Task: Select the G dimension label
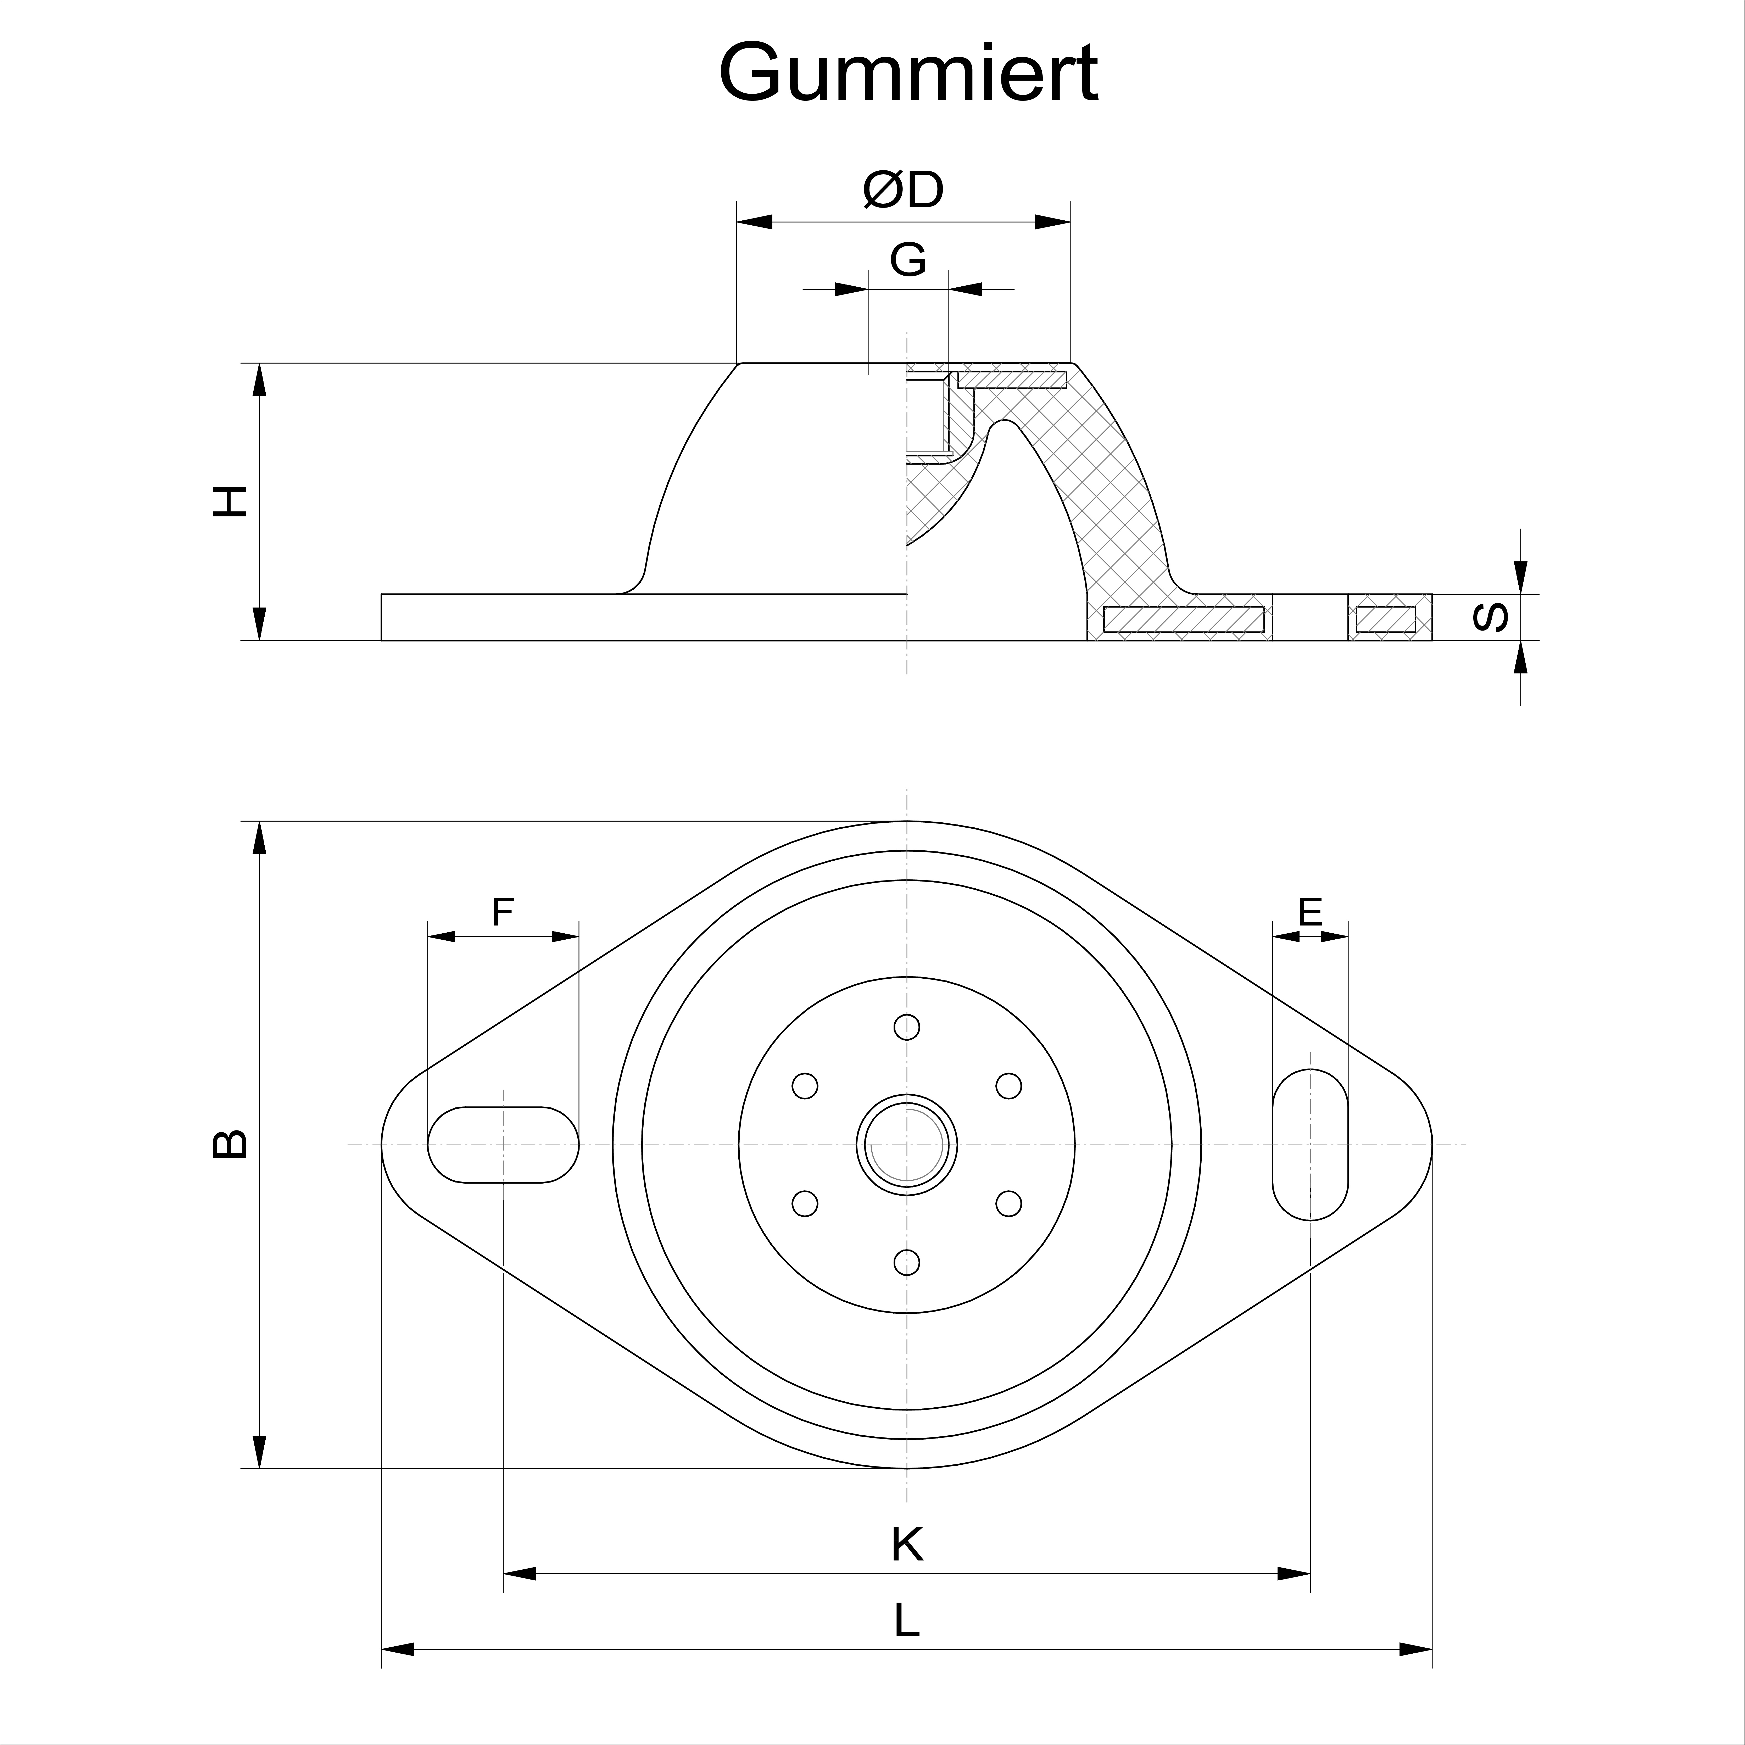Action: tap(908, 260)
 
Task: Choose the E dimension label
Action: tap(1310, 912)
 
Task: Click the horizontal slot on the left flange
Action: tap(503, 1144)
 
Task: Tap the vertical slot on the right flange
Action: tap(1310, 1144)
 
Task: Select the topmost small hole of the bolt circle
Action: tap(907, 1027)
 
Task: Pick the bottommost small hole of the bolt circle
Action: tap(907, 1262)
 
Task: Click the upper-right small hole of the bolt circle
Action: tap(1009, 1086)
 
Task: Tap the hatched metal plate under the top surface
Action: tap(1012, 379)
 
